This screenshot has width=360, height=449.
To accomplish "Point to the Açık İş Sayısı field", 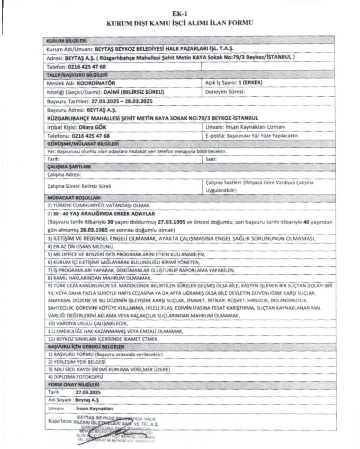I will (233, 83).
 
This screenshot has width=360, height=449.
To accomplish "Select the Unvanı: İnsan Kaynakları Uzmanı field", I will (245, 127).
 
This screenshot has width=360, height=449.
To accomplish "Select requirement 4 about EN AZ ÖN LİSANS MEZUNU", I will (85, 247).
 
